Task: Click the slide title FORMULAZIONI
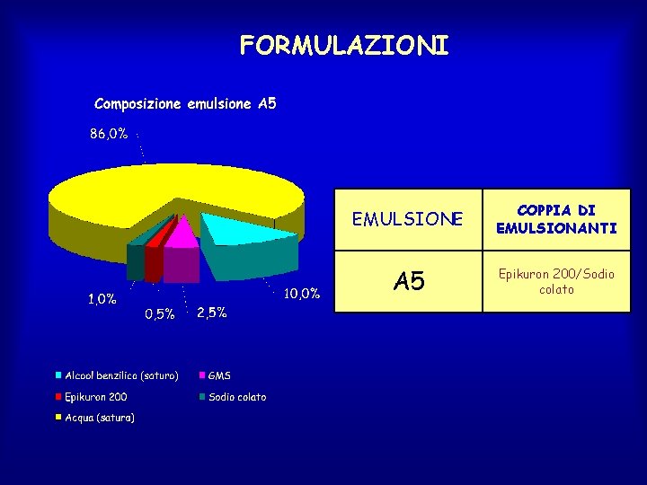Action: pyautogui.click(x=343, y=45)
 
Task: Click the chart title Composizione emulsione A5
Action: pyautogui.click(x=185, y=104)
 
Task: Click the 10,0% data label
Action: pyautogui.click(x=302, y=294)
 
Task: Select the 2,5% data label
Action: pyautogui.click(x=211, y=313)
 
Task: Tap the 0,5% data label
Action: pyautogui.click(x=159, y=313)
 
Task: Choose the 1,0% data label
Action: pyautogui.click(x=102, y=299)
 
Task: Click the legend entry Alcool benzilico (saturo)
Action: pyautogui.click(x=120, y=375)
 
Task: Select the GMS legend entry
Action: pyautogui.click(x=219, y=375)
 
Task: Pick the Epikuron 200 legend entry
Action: pyautogui.click(x=95, y=396)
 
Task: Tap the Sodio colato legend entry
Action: pyautogui.click(x=236, y=396)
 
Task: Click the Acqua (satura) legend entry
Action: pyautogui.click(x=99, y=418)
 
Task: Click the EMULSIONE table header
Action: pyautogui.click(x=408, y=219)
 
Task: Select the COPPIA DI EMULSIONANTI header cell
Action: pyautogui.click(x=556, y=219)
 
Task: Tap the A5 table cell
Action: pyautogui.click(x=408, y=281)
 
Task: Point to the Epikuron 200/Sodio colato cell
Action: pyautogui.click(x=556, y=281)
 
